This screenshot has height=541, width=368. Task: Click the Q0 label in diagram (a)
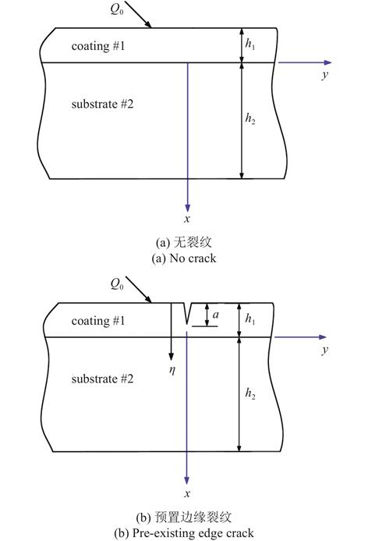tap(117, 9)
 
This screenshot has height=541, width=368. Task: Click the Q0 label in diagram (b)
tap(117, 284)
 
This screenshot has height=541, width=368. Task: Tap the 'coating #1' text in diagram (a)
tap(98, 46)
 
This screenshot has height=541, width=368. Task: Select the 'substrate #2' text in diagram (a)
tap(102, 104)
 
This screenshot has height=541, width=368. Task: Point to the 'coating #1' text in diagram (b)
tap(98, 321)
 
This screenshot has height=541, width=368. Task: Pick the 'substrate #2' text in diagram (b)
tap(102, 379)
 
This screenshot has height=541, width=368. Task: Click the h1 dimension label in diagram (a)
tap(250, 44)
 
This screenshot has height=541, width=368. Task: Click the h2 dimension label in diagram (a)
tap(250, 119)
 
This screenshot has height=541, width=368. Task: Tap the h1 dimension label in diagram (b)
tap(250, 319)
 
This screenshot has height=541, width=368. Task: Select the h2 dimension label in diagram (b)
tap(250, 393)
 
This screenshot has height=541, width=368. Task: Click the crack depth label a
tap(216, 315)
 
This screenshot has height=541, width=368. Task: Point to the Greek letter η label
tap(172, 370)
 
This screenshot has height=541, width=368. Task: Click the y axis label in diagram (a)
tap(325, 75)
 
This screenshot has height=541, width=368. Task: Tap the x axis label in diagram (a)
tap(187, 219)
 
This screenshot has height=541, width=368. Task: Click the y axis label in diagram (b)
tap(324, 350)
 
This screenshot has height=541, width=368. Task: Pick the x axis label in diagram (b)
tap(187, 493)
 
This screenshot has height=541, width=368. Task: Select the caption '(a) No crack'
tap(184, 258)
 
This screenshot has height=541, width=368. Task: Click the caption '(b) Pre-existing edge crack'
tap(184, 533)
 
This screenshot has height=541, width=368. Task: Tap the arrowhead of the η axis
tap(171, 357)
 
